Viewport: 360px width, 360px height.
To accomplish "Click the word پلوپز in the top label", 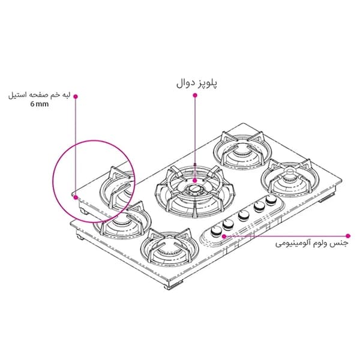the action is pyautogui.click(x=207, y=83).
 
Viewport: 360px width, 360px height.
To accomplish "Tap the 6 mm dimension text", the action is pyautogui.click(x=40, y=104).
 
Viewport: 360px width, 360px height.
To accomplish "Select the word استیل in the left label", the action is pyautogui.click(x=17, y=95).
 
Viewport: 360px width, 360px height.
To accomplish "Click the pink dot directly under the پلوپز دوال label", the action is pyautogui.click(x=195, y=95).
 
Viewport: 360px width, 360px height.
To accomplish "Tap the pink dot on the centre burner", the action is pyautogui.click(x=195, y=181).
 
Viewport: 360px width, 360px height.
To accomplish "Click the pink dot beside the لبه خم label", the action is pyautogui.click(x=76, y=97).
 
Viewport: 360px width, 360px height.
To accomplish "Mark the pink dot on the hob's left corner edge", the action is pyautogui.click(x=76, y=197).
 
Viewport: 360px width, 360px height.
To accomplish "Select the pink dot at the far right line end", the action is pyautogui.click(x=348, y=236).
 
